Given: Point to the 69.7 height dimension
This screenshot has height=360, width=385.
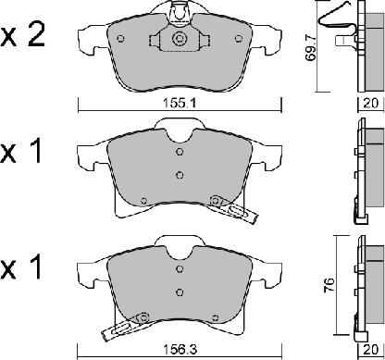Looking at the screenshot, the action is tap(311, 47).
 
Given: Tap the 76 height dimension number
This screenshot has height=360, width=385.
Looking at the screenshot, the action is tap(329, 286).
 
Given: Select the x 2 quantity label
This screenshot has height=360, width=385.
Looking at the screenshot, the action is tap(22, 36).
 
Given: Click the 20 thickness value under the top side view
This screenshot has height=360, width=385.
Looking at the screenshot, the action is tap(370, 103).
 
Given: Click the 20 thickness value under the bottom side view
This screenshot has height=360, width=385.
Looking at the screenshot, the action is tap(370, 350).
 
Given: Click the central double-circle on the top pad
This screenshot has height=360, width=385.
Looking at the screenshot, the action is tap(179, 39).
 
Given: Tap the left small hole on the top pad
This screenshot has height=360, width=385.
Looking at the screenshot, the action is tap(121, 39).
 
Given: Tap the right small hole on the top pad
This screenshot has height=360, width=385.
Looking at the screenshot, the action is tap(238, 39).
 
